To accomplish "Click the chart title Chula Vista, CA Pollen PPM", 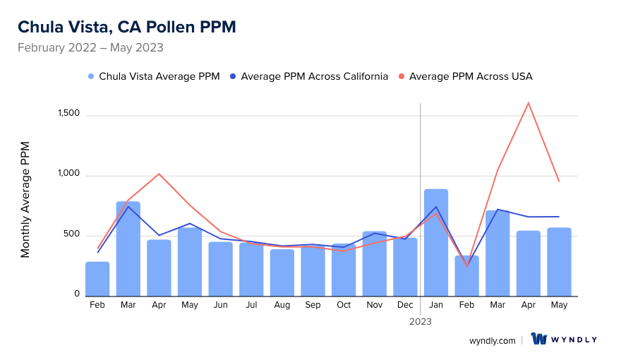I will [x=127, y=27].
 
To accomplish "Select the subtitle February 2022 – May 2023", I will [x=90, y=48].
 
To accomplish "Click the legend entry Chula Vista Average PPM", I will [x=154, y=76].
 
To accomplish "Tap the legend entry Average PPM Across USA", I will [x=466, y=76].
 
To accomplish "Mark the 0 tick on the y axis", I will [x=76, y=294].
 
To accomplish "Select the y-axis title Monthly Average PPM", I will [x=25, y=200].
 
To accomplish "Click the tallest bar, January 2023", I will [x=436, y=242].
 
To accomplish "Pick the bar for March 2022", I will [x=128, y=248].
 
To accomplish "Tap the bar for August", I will [x=282, y=272].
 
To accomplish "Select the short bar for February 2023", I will [x=466, y=276].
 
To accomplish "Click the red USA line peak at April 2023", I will [x=528, y=103].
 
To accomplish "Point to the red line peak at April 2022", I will [x=159, y=174].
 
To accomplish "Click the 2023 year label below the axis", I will [x=421, y=321].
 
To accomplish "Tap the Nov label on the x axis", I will [x=374, y=305].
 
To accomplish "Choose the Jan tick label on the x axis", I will [x=436, y=305].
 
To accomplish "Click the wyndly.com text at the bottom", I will [x=493, y=340].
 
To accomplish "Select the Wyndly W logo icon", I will [x=540, y=340].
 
